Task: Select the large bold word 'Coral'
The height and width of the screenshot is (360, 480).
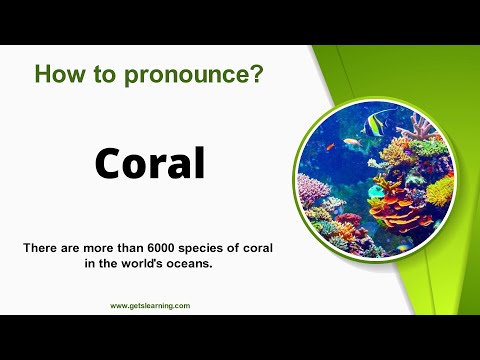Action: click(x=150, y=163)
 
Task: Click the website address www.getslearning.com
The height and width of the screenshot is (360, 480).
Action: click(x=150, y=306)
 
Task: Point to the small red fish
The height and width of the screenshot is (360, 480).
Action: click(x=329, y=147)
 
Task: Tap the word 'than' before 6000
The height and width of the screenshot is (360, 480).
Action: click(x=146, y=247)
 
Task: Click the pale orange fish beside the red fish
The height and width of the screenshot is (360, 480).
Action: click(x=351, y=142)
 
